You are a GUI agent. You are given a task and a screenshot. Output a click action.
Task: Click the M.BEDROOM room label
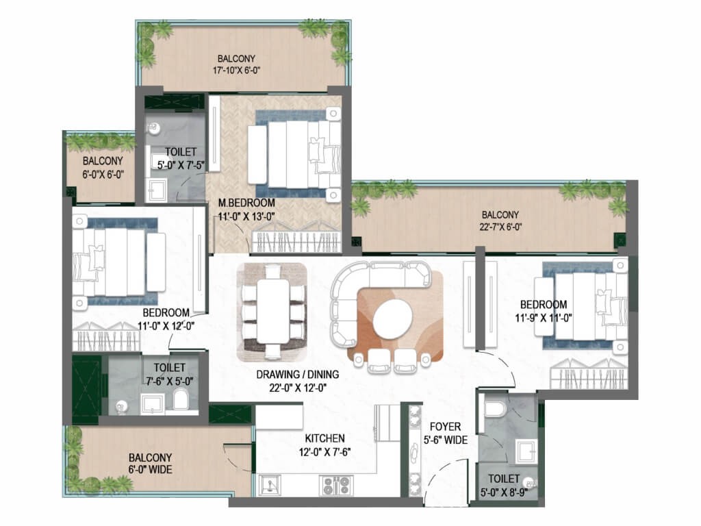(x=246, y=203)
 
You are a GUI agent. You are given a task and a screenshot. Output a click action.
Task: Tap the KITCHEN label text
(x=324, y=438)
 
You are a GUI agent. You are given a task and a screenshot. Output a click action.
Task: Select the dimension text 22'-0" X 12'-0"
(x=297, y=388)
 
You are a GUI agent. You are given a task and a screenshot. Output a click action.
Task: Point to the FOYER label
(x=445, y=427)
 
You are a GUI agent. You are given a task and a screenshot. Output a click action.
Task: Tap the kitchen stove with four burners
(x=336, y=486)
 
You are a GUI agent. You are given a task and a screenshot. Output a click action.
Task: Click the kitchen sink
(x=270, y=485)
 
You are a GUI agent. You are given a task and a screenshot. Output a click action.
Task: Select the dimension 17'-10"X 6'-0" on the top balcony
(x=236, y=71)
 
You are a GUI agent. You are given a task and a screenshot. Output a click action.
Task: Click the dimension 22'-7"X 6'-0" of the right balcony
(x=500, y=227)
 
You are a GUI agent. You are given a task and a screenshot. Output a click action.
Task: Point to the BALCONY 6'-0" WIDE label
(x=150, y=464)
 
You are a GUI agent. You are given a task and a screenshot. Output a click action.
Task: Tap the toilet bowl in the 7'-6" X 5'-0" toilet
(x=181, y=399)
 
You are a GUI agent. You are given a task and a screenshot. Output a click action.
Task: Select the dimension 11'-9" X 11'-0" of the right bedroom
(x=544, y=318)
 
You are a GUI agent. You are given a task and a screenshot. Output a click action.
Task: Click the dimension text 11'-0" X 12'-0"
(x=166, y=327)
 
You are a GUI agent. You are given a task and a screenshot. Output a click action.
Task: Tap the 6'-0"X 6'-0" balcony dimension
(x=103, y=175)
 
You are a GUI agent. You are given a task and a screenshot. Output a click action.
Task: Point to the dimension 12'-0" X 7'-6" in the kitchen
(x=324, y=452)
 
